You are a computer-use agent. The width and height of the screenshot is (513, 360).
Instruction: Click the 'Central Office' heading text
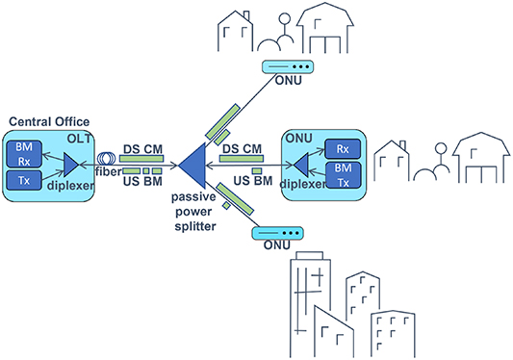click(48, 121)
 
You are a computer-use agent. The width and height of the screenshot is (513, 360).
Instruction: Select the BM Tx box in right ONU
click(342, 175)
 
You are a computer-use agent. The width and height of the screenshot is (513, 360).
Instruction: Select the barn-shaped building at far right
click(478, 158)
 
